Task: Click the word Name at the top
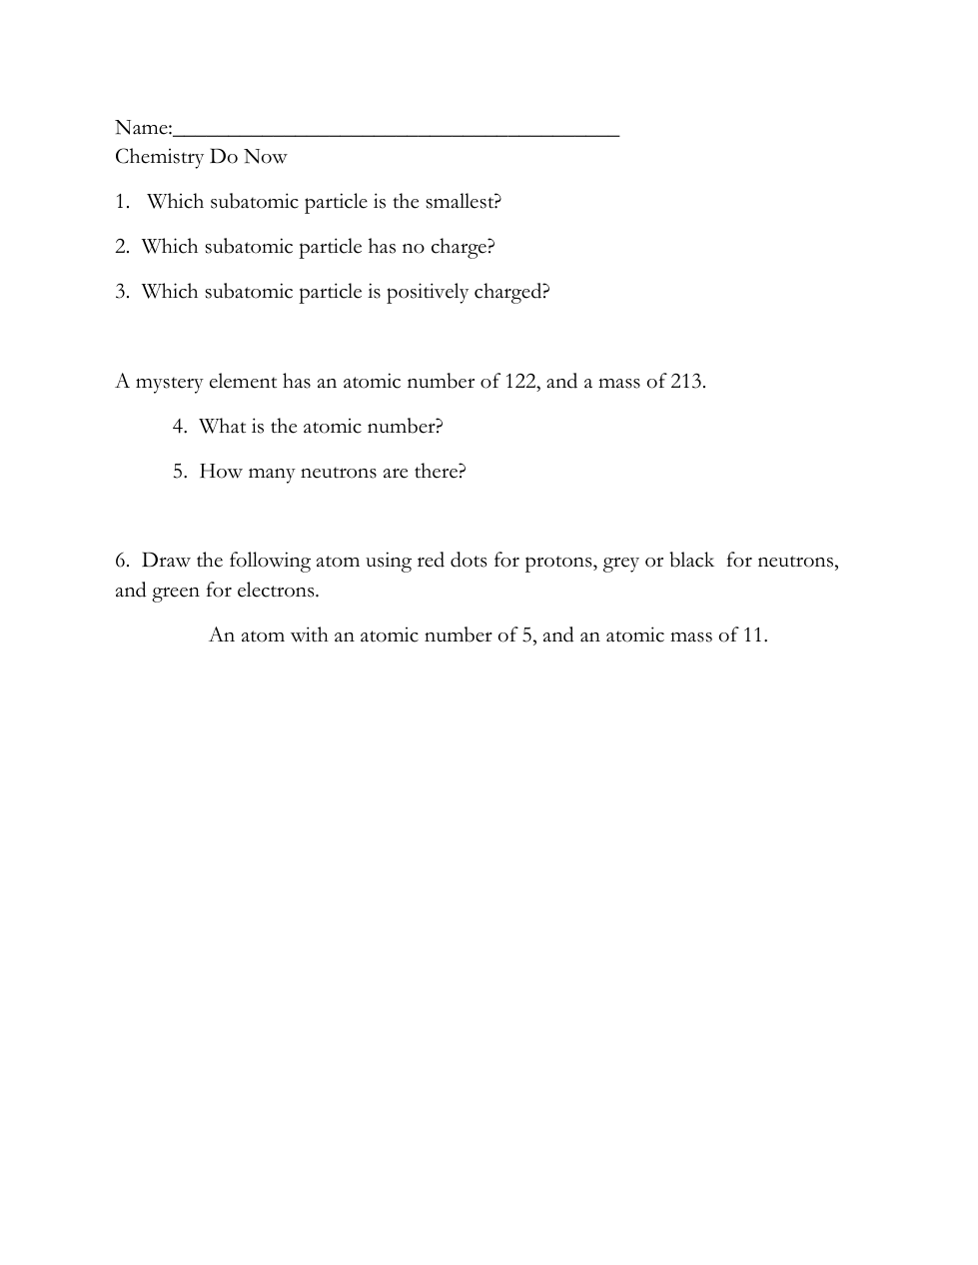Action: pyautogui.click(x=142, y=127)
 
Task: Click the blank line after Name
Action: pyautogui.click(x=396, y=131)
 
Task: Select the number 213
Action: pyautogui.click(x=686, y=382)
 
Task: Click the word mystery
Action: pyautogui.click(x=169, y=383)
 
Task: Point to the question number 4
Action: pyautogui.click(x=179, y=427)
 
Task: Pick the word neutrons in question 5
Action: pyautogui.click(x=339, y=472)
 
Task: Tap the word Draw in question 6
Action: pyautogui.click(x=166, y=561)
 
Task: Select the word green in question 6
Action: pyautogui.click(x=176, y=591)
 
